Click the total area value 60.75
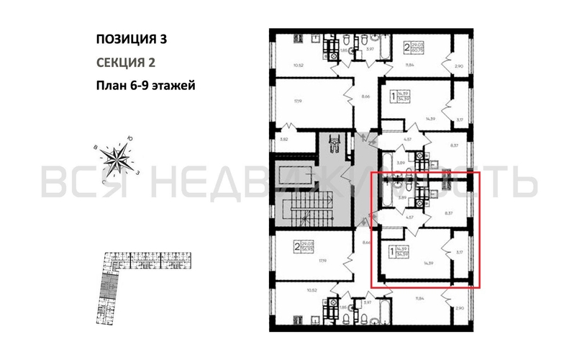[416, 52]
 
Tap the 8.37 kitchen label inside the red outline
[447, 213]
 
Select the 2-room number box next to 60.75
[406, 49]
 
